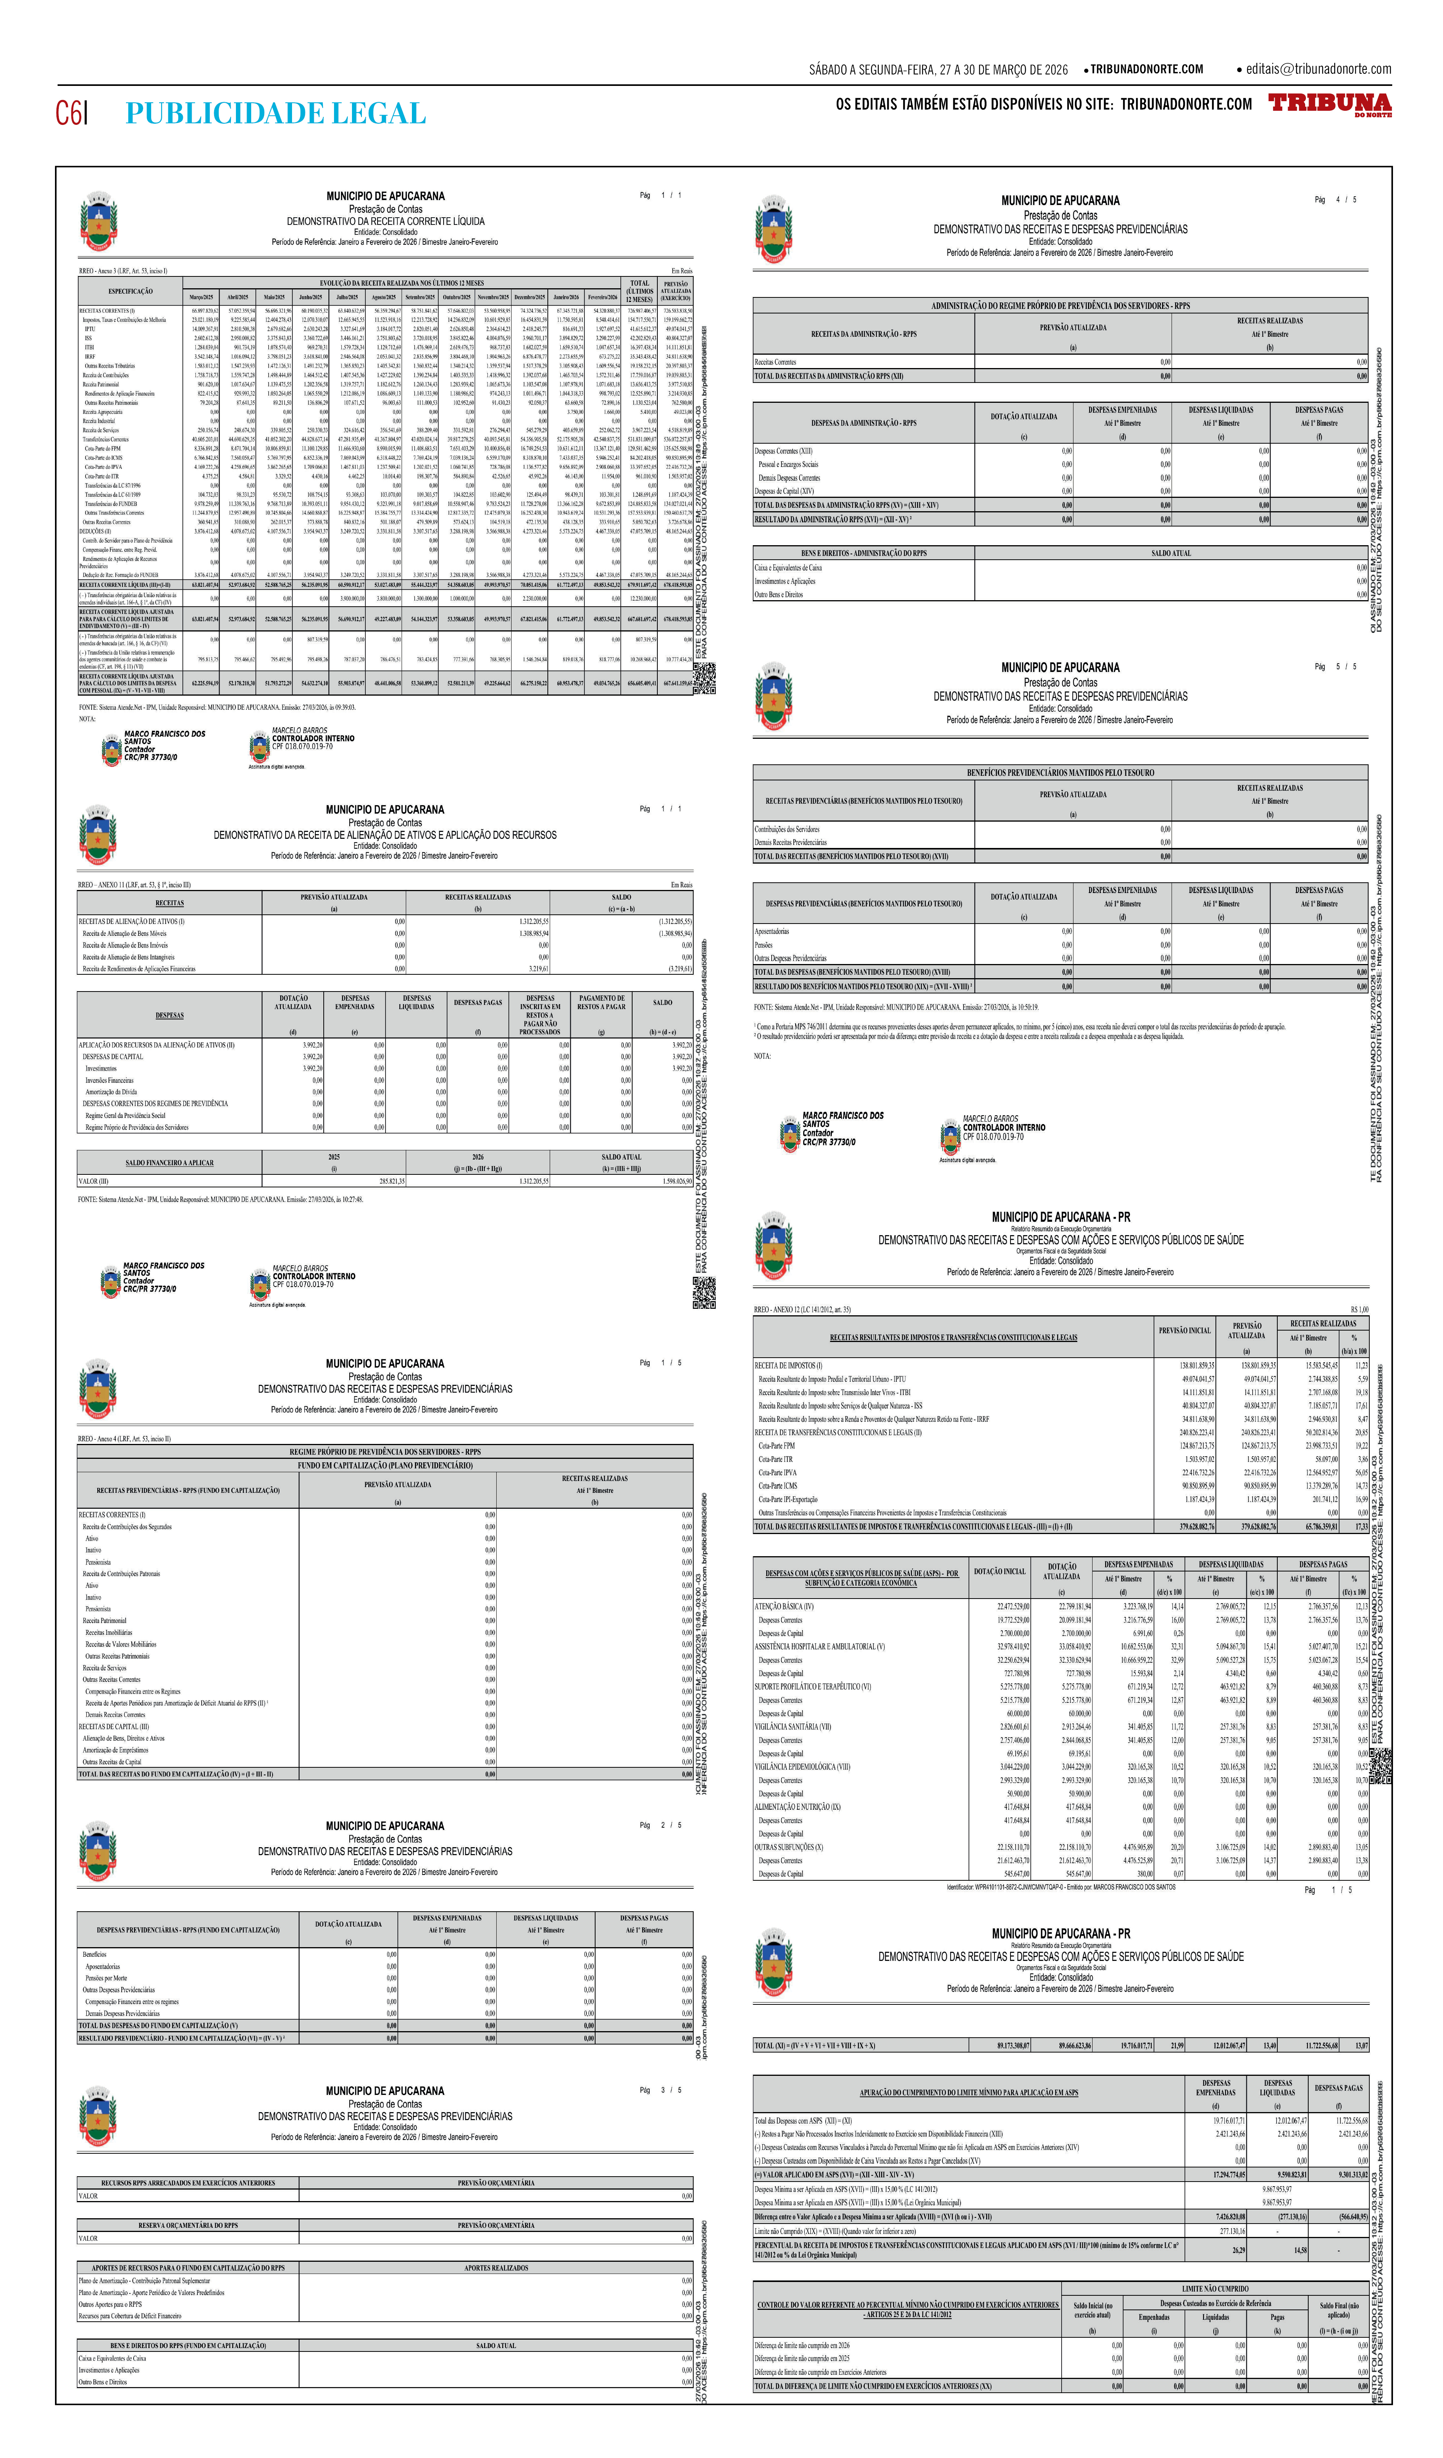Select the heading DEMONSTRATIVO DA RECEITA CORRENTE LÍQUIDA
385,221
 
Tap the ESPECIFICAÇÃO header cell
130,291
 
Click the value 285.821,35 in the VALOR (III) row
392,1181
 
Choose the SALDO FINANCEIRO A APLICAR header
169,1163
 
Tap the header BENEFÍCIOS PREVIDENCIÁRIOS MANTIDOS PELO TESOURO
1060,772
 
